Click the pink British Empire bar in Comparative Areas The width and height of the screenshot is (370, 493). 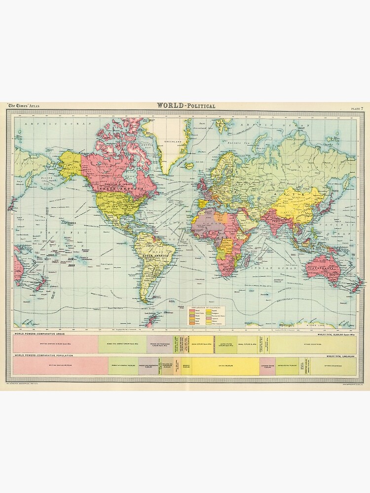56,344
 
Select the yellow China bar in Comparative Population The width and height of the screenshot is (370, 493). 226,366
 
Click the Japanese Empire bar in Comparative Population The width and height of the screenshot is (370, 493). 267,366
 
